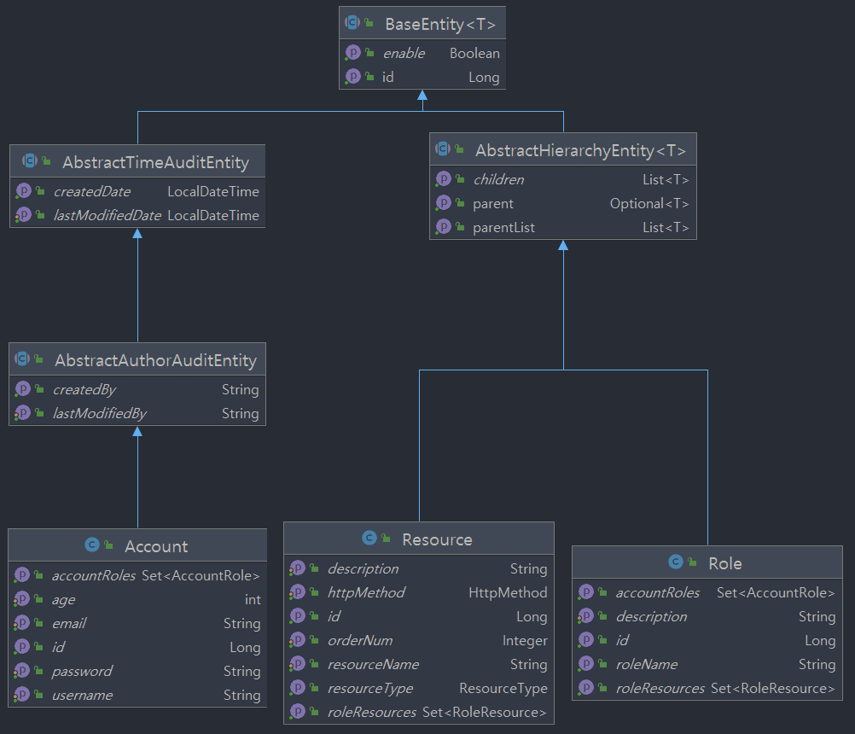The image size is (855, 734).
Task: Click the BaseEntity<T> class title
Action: click(x=439, y=24)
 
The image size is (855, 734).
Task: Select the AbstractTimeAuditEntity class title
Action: click(x=155, y=162)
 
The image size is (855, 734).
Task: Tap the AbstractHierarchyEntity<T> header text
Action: click(x=580, y=150)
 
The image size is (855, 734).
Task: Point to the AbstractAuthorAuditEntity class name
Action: click(x=155, y=360)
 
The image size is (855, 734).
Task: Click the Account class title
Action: click(x=156, y=546)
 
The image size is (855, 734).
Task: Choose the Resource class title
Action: click(x=437, y=539)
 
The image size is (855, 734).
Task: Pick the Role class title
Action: click(x=725, y=563)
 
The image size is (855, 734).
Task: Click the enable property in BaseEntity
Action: click(x=404, y=53)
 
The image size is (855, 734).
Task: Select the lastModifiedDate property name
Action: click(x=107, y=215)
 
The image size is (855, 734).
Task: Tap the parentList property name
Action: click(x=503, y=228)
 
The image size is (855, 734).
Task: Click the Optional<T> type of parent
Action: click(x=649, y=204)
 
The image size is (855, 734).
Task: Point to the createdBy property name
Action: click(x=84, y=389)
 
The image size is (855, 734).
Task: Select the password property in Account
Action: click(x=82, y=671)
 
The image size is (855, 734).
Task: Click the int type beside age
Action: click(x=253, y=599)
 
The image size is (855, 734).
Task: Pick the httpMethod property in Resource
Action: click(x=366, y=592)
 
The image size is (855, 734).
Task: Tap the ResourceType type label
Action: click(x=503, y=688)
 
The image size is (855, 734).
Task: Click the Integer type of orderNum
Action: click(x=525, y=640)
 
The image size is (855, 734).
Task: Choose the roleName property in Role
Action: click(x=646, y=664)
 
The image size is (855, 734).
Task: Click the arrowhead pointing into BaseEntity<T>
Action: click(x=422, y=94)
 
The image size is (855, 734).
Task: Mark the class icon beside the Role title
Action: click(x=675, y=562)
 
